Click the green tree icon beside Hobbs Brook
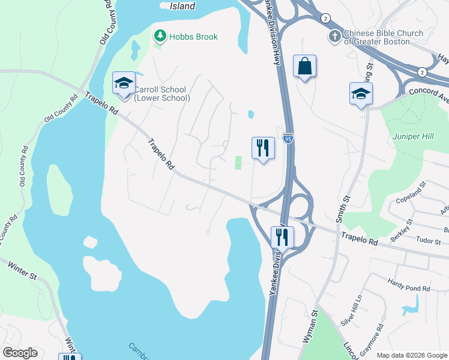coord(160,37)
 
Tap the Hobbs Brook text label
coord(193,37)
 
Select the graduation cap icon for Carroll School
coord(124,83)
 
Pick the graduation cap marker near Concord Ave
coord(361,93)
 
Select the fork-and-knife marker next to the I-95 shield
coord(262,148)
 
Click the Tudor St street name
coord(429,241)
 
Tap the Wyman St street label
coord(309,326)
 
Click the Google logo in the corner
coord(20,353)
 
